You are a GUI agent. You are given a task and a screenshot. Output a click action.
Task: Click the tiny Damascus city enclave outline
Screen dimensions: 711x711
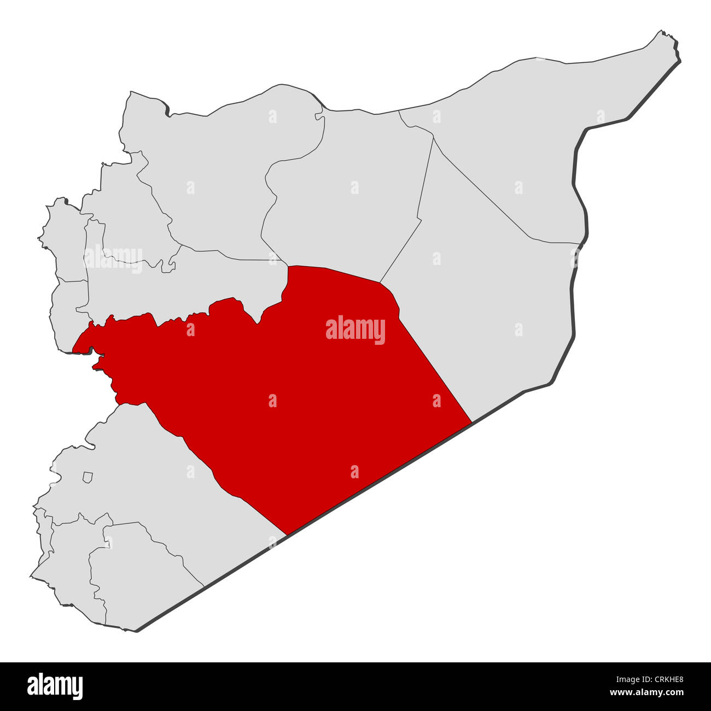pos(88,478)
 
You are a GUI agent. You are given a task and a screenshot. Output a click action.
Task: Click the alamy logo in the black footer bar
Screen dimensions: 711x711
pos(55,686)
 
